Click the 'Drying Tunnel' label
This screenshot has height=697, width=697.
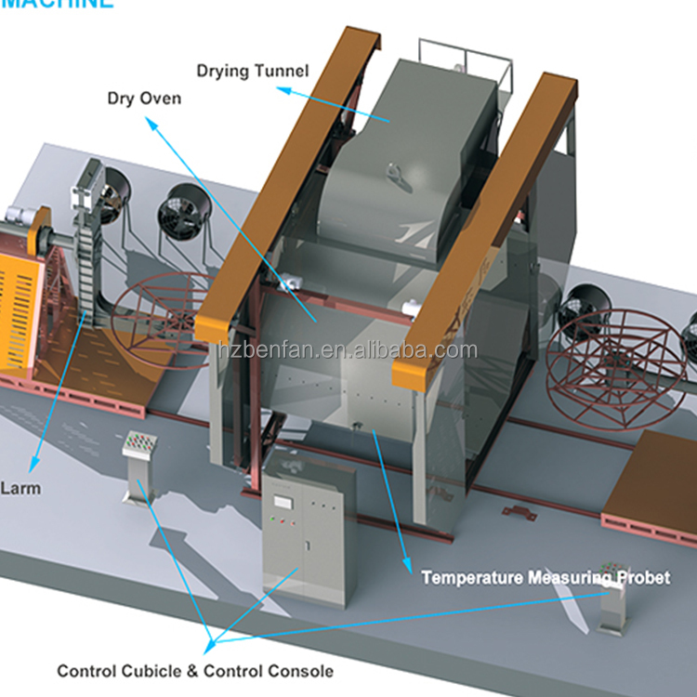[253, 70]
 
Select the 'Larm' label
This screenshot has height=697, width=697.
[20, 488]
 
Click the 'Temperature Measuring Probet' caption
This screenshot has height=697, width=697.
[545, 578]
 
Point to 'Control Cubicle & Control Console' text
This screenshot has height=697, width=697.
[195, 670]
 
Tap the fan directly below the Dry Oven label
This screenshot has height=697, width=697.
[180, 210]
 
